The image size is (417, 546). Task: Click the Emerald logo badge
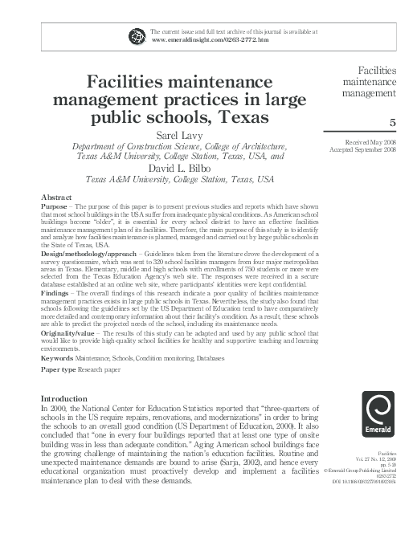pos(379,414)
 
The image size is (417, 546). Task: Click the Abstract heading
pos(59,197)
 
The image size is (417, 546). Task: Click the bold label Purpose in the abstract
pos(55,206)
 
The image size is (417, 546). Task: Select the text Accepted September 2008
pos(365,150)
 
